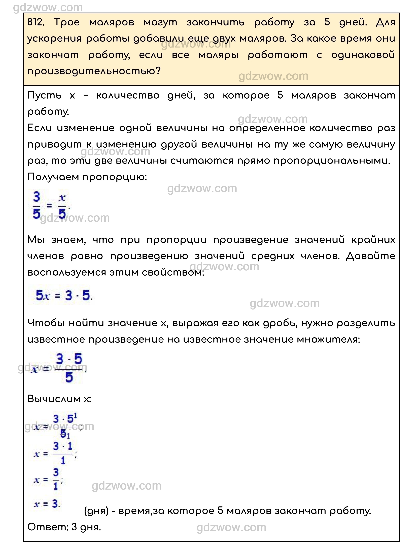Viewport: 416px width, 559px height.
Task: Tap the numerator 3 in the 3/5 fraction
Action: pos(37,197)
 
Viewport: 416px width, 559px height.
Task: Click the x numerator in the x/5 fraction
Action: pos(62,198)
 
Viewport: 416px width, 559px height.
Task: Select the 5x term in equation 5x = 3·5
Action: pos(43,295)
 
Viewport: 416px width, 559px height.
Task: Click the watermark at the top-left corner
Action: pos(48,8)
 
